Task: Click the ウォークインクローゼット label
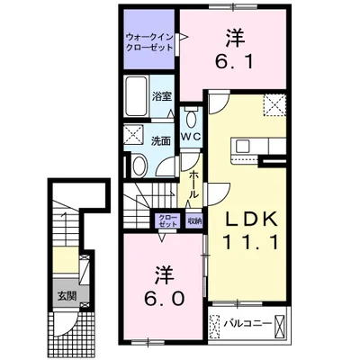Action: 149,42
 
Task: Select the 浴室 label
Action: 162,96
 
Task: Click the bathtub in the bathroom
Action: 137,96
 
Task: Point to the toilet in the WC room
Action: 191,118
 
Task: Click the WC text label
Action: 191,137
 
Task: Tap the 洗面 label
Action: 161,141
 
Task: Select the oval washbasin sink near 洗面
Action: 139,166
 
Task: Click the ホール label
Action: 193,184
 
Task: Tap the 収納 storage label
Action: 194,221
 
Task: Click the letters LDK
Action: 251,220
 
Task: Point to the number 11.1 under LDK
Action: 250,242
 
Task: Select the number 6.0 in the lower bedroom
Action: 164,298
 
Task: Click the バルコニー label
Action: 247,324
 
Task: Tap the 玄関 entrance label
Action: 67,296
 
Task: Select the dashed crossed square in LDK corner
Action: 274,104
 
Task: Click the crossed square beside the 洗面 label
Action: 134,135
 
